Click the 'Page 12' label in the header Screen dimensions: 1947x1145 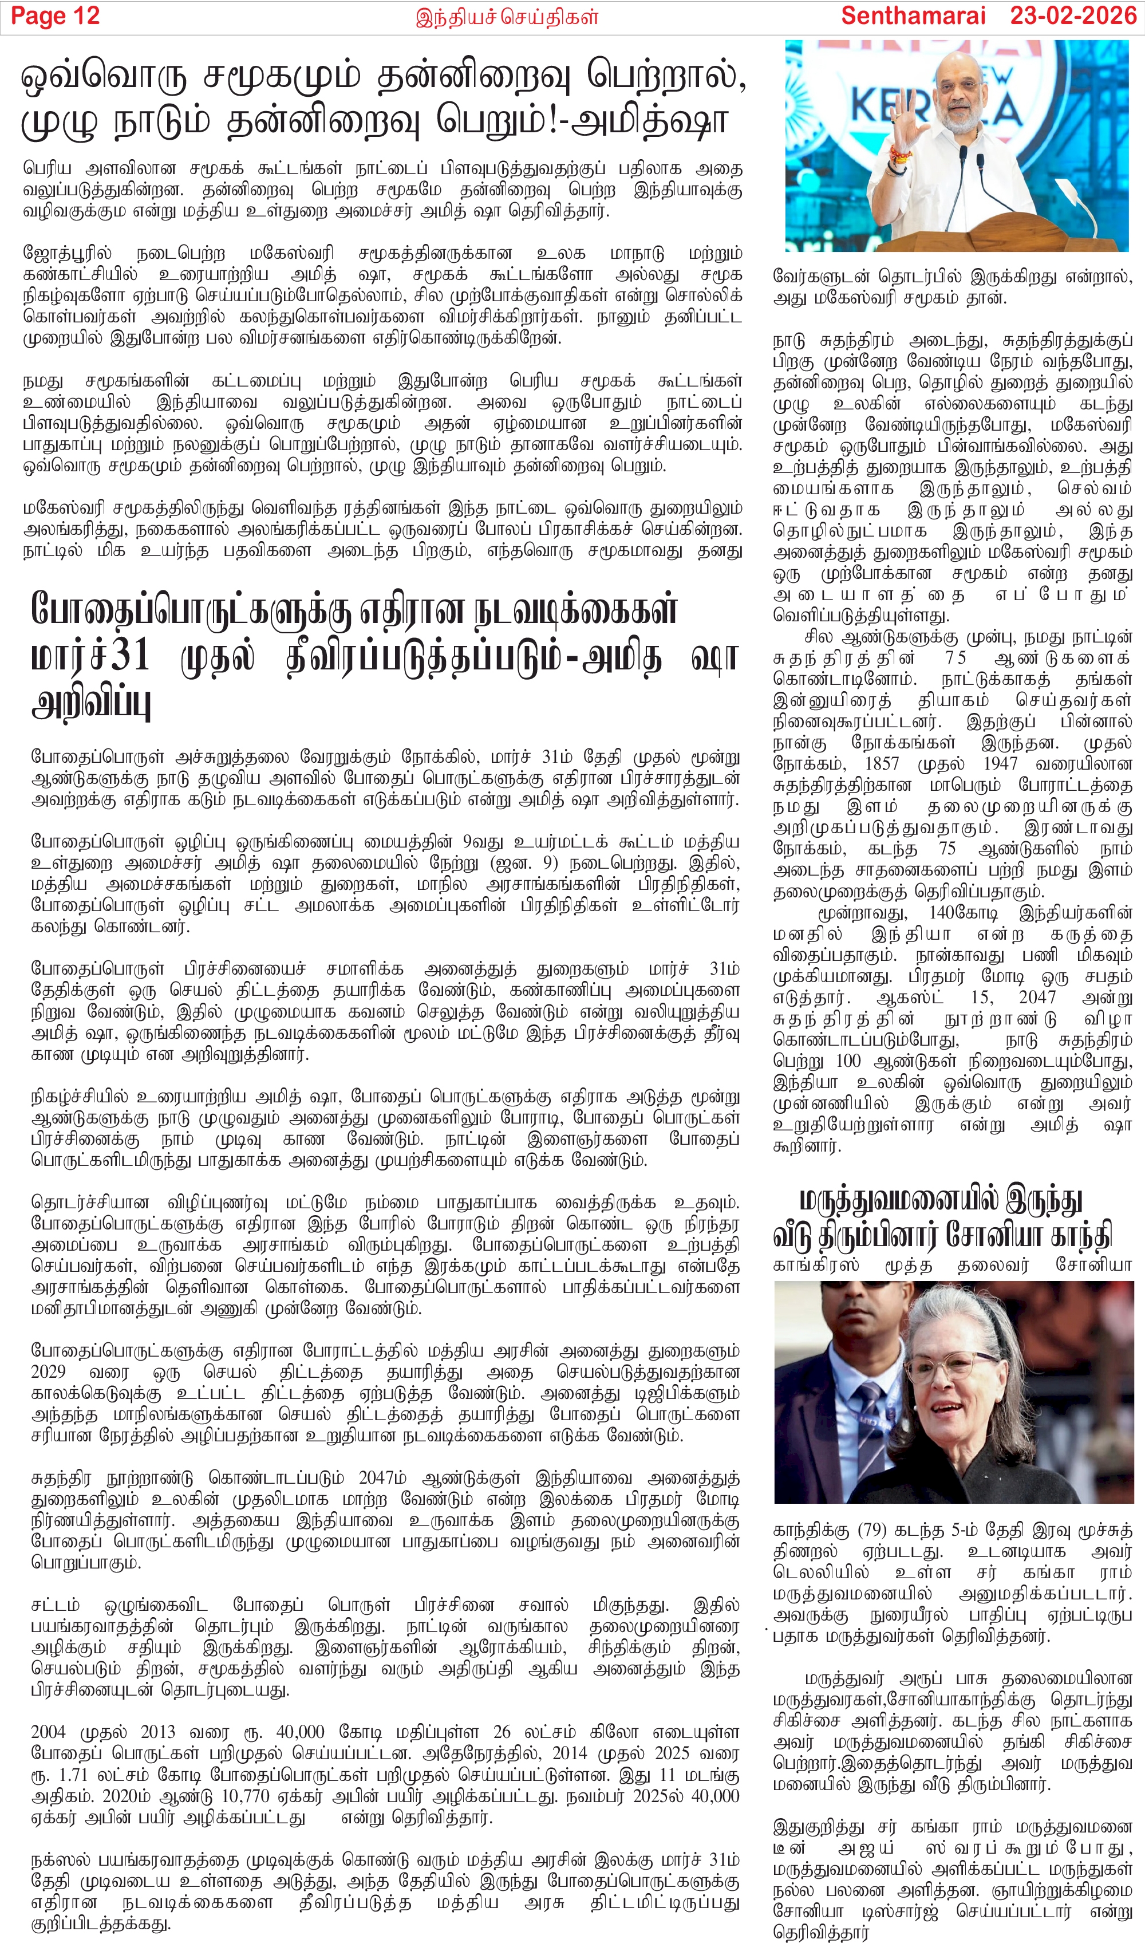click(56, 16)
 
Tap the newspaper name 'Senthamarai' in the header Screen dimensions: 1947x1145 click(913, 16)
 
